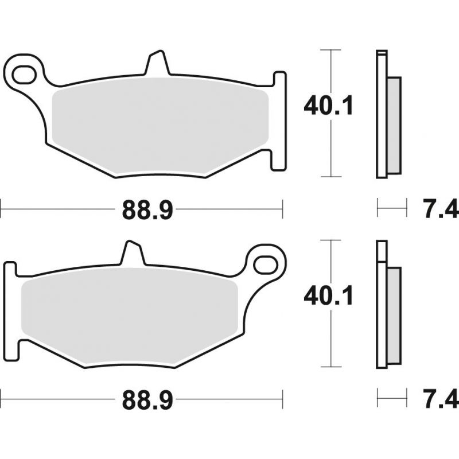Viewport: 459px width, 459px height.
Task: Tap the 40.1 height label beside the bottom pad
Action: point(328,296)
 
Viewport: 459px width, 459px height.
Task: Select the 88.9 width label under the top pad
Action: point(147,209)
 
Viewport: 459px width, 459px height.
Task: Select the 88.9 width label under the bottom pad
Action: point(147,399)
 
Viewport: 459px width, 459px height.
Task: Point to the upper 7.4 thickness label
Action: point(440,208)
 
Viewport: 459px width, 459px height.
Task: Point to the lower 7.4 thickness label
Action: point(440,398)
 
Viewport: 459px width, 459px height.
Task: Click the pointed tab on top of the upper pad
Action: point(157,63)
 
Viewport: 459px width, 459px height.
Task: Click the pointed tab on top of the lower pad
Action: point(133,253)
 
